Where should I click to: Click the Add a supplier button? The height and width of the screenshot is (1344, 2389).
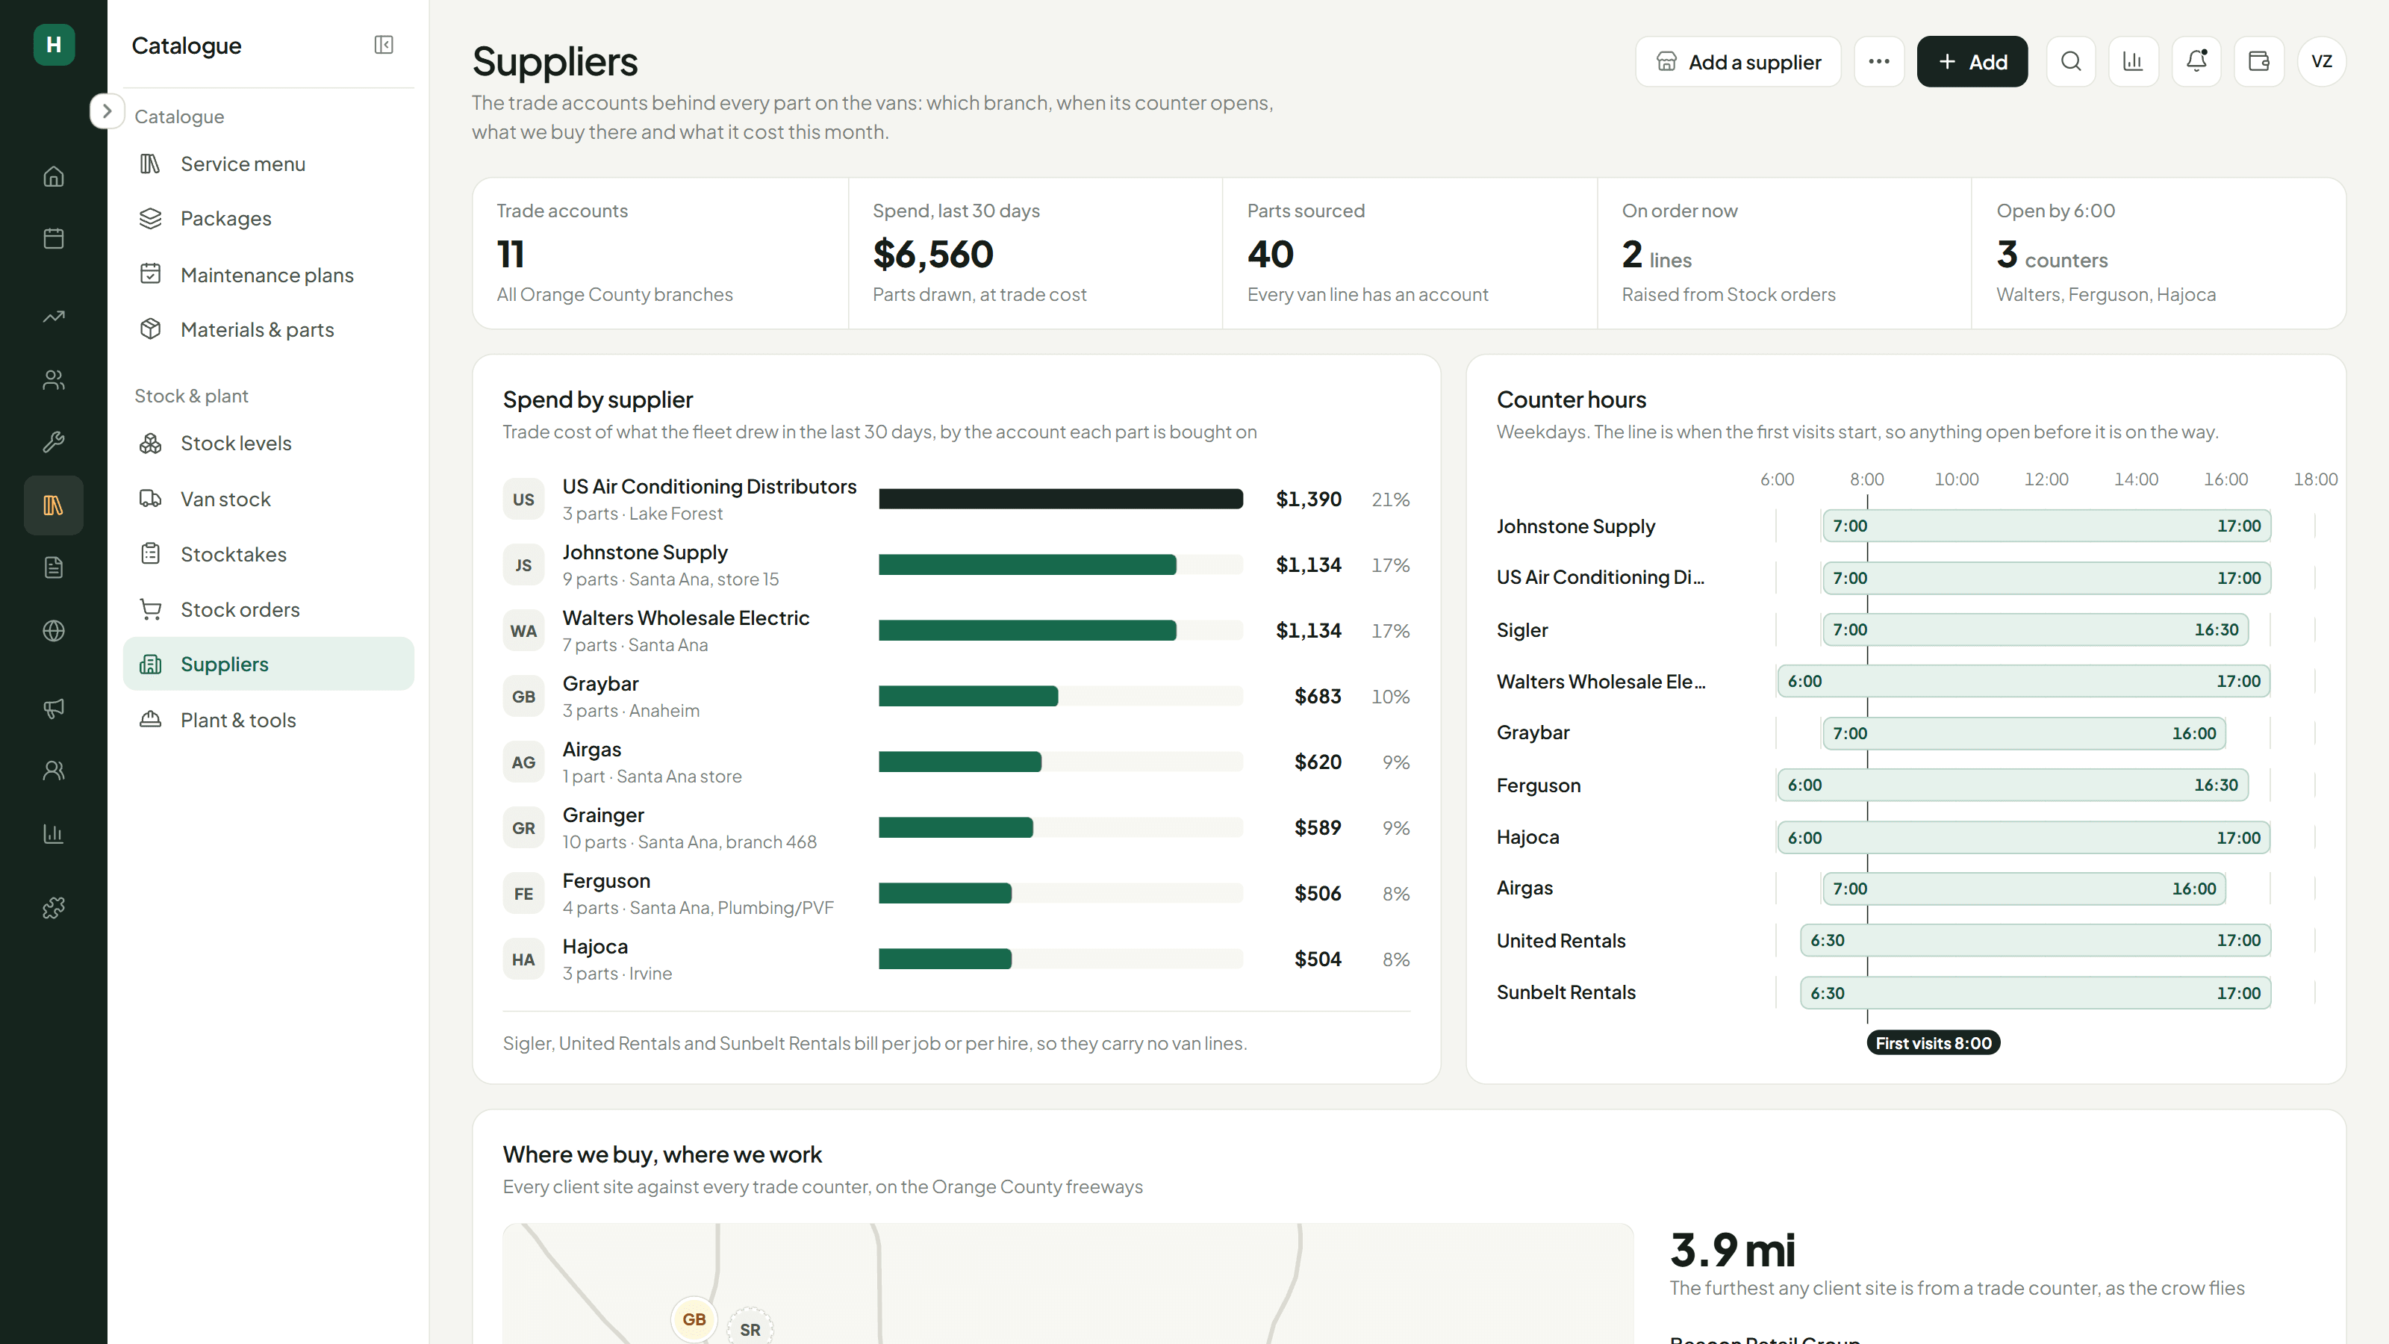click(1738, 61)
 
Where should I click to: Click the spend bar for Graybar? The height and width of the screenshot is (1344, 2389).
click(968, 697)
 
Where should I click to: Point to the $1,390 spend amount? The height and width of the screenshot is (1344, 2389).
click(1309, 499)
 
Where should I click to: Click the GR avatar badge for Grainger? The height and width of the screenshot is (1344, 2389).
click(523, 828)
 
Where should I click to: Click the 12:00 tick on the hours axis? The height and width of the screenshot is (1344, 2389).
click(2046, 479)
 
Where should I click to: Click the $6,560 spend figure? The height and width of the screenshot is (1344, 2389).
click(933, 254)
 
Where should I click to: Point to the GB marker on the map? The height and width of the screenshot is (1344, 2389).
click(694, 1319)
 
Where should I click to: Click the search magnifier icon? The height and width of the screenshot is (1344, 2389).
click(2071, 61)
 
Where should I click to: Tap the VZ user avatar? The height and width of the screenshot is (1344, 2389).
click(2321, 61)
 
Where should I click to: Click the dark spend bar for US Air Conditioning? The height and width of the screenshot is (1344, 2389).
click(1061, 499)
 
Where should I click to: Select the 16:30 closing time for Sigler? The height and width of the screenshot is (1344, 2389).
click(2217, 629)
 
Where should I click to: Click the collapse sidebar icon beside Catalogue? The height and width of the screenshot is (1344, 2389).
click(384, 45)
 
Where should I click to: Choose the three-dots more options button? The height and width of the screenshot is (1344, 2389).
click(1879, 61)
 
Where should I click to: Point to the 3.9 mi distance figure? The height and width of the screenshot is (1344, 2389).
click(1732, 1249)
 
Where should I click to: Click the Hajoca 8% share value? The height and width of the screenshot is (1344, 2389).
click(1396, 959)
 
